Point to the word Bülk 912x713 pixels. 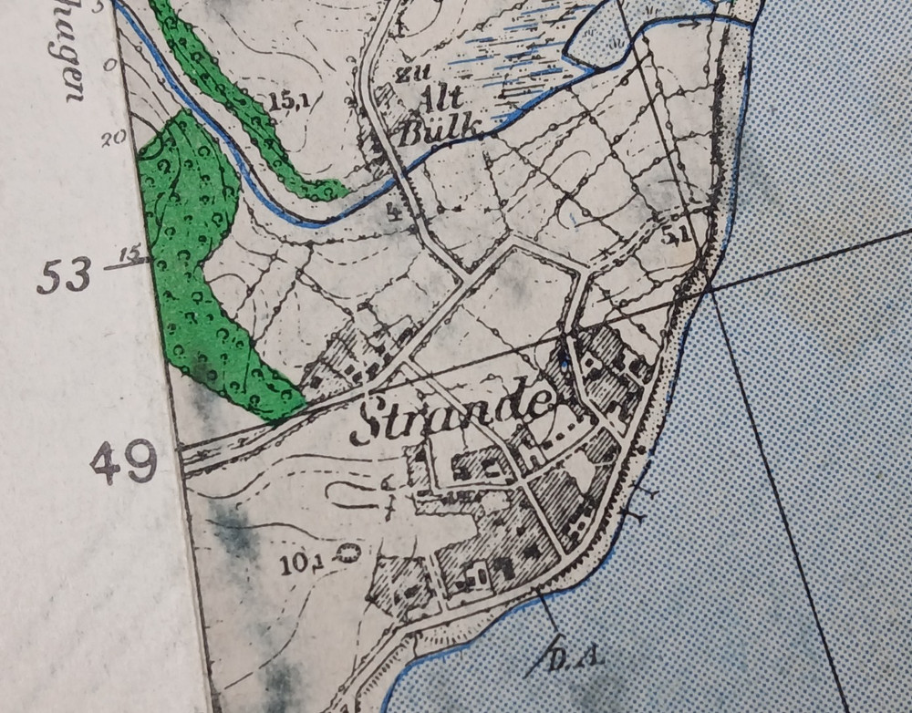coord(439,130)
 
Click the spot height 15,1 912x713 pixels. coord(287,101)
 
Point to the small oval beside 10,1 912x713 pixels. coord(347,551)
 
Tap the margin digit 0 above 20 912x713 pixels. coord(110,66)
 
